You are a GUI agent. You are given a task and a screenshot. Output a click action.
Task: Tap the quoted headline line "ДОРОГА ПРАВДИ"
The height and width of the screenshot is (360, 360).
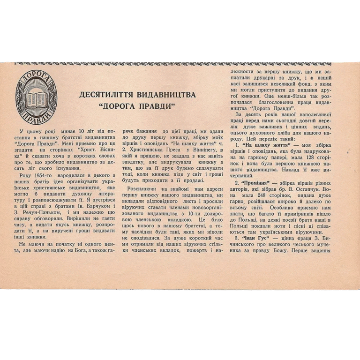pyautogui.click(x=137, y=106)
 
